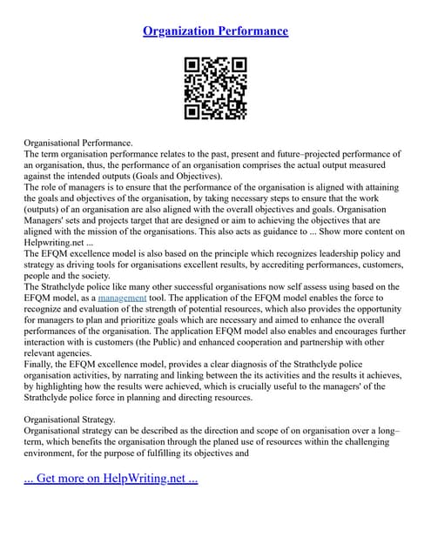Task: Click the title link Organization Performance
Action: coord(215,31)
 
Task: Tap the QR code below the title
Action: coord(216,89)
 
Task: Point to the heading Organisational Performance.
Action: coord(78,141)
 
